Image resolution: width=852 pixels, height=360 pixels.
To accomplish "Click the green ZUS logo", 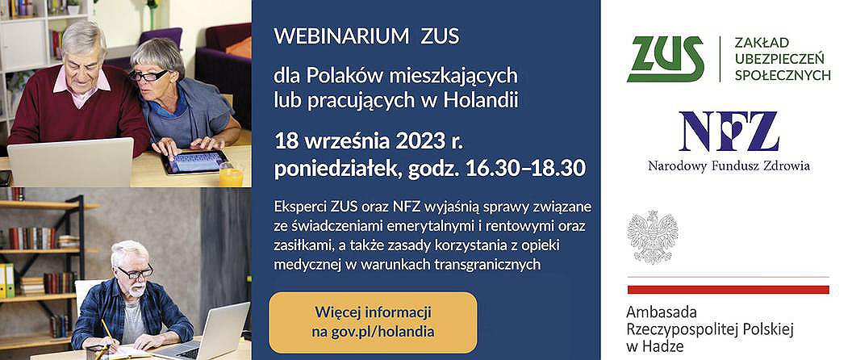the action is pyautogui.click(x=665, y=59).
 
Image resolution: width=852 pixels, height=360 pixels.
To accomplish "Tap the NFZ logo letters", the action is pyautogui.click(x=729, y=131).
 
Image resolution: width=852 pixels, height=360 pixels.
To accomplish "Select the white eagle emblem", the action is pyautogui.click(x=653, y=237).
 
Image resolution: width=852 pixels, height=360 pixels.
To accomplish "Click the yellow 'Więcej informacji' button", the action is pyautogui.click(x=373, y=322).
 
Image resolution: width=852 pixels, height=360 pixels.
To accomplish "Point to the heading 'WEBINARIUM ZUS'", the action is pyautogui.click(x=366, y=36).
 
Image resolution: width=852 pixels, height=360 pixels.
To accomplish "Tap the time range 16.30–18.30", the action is pyautogui.click(x=526, y=169).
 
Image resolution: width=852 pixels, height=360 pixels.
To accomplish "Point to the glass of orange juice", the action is pyautogui.click(x=231, y=174).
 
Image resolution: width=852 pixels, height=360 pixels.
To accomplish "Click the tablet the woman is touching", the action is pyautogui.click(x=196, y=161).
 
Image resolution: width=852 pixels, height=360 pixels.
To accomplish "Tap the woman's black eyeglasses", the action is pyautogui.click(x=148, y=76).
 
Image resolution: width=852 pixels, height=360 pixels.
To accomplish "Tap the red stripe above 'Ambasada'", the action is pyautogui.click(x=728, y=289).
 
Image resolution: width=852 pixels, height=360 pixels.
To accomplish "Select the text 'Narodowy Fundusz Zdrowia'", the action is pyautogui.click(x=729, y=165).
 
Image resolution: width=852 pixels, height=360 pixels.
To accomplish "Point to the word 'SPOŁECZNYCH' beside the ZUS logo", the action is pyautogui.click(x=783, y=75).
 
